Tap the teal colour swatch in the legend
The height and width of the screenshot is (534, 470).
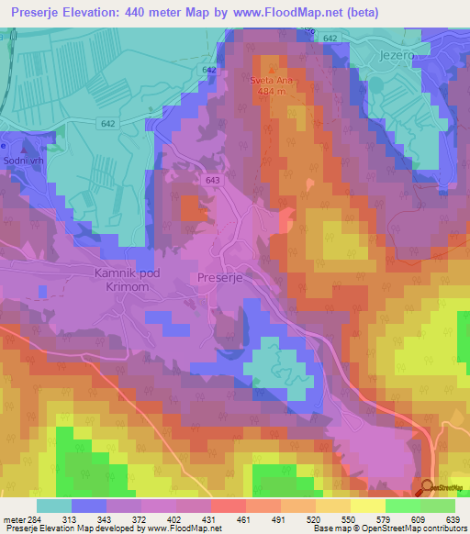tap(54, 506)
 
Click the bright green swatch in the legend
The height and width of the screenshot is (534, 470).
tap(402, 506)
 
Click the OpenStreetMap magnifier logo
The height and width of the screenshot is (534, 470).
tap(427, 487)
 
